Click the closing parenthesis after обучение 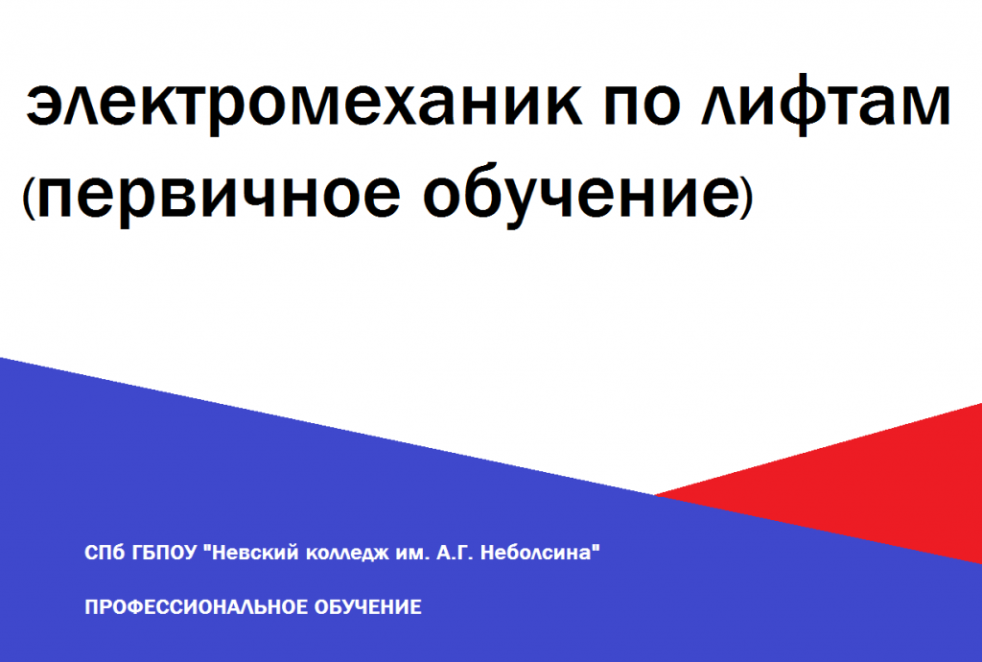(745, 197)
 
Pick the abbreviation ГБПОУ (165, 553)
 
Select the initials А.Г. (455, 553)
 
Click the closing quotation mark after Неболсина (596, 548)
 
